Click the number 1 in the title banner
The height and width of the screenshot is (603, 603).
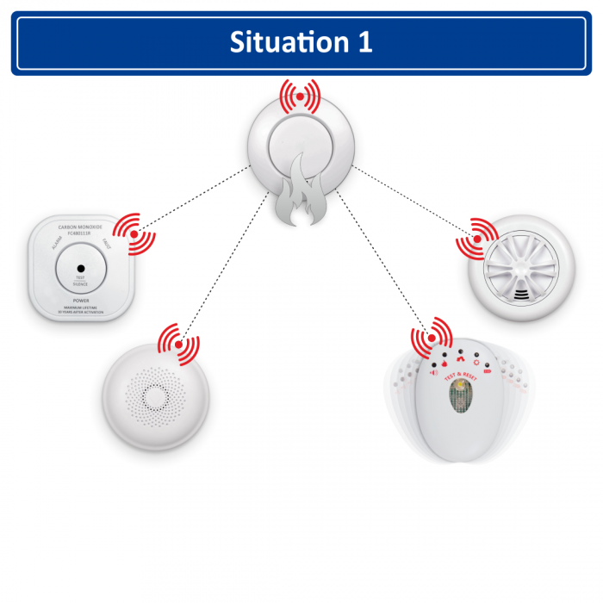(364, 42)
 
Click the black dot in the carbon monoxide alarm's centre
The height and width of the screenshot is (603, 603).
(80, 268)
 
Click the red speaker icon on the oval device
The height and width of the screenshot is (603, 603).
(433, 372)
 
